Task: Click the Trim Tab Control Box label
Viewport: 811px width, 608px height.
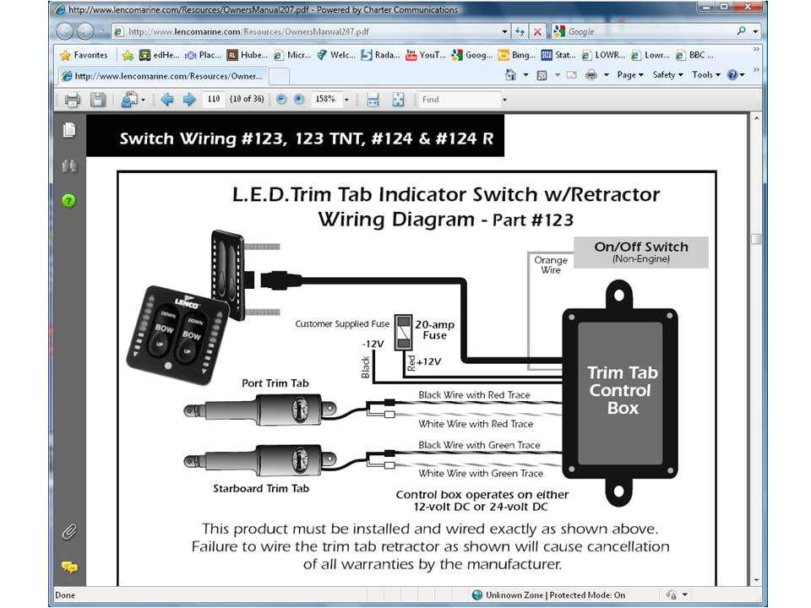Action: click(623, 390)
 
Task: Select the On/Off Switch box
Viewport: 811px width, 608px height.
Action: click(640, 252)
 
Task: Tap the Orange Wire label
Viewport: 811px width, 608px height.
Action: click(551, 265)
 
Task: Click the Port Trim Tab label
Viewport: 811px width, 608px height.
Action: click(275, 383)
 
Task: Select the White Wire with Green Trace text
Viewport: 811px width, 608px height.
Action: click(480, 474)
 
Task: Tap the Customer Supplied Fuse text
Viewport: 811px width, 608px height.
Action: click(343, 324)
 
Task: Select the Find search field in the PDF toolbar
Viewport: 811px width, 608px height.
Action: click(460, 100)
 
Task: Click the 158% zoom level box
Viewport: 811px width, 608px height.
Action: click(330, 100)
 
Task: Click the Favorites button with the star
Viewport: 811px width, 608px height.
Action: click(84, 55)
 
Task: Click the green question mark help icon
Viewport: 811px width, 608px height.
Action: click(69, 200)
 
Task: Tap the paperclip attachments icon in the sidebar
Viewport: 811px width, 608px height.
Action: click(69, 532)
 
